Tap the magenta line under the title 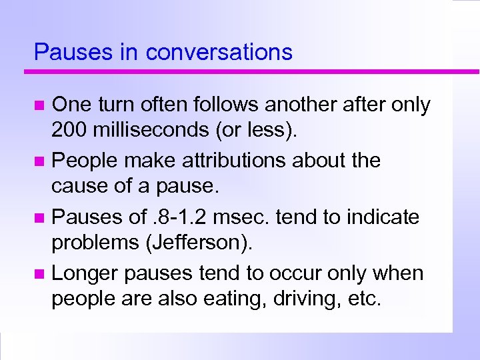pos(253,71)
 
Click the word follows pos(224,104)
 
